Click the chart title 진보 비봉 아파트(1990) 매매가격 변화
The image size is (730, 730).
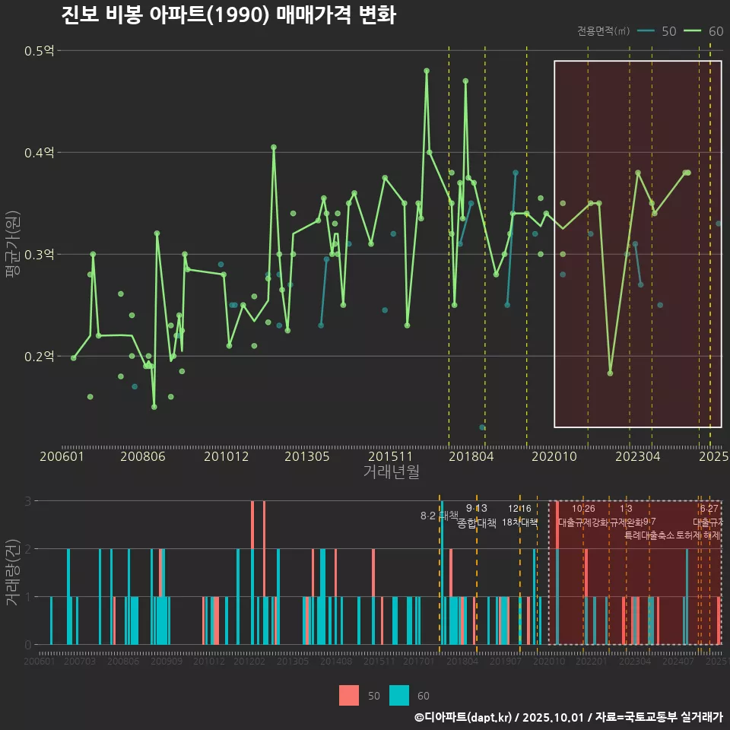coord(228,15)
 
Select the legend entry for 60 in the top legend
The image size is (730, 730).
coord(704,31)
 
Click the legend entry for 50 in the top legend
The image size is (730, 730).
coord(658,31)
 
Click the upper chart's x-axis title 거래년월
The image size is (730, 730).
coord(391,471)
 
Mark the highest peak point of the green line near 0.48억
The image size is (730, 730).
coord(427,71)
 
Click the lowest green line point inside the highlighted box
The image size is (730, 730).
coord(610,373)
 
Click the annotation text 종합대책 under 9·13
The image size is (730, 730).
coord(477,523)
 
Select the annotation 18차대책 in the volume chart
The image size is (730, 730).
coord(520,522)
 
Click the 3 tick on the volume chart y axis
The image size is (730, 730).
coord(27,501)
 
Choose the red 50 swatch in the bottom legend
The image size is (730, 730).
coord(349,695)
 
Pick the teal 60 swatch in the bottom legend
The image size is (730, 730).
coord(399,695)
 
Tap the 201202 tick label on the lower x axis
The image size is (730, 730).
coord(249,662)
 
